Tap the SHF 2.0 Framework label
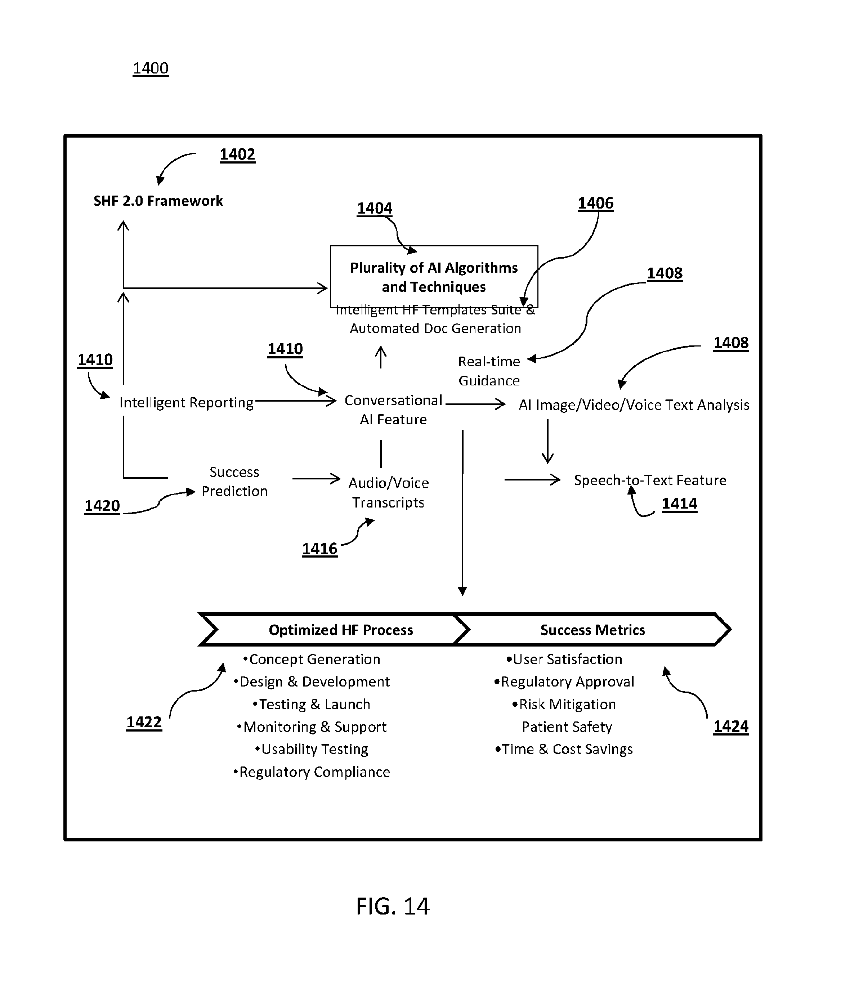158,201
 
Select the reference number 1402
237,155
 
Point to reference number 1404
375,209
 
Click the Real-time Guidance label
489,371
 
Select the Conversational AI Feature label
393,410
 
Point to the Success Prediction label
234,482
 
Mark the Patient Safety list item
567,727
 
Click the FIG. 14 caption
393,907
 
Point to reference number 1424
731,727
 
